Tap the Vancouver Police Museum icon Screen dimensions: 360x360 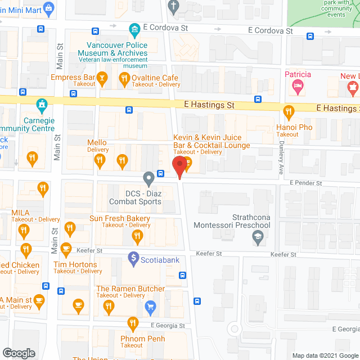[134, 29]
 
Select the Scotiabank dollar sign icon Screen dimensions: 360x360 [134, 259]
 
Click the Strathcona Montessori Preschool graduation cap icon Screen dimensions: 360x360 [257, 238]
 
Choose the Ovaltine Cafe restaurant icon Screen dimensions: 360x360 [124, 79]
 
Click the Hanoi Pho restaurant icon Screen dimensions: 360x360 [289, 111]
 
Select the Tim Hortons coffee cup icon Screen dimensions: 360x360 [66, 249]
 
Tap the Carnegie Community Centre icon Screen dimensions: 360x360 [41, 105]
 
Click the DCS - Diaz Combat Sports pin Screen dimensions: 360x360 [148, 179]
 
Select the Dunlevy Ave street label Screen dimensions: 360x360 [281, 156]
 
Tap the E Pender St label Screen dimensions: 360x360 [305, 183]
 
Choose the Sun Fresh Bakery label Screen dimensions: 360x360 [120, 218]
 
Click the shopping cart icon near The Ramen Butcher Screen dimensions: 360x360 [150, 306]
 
